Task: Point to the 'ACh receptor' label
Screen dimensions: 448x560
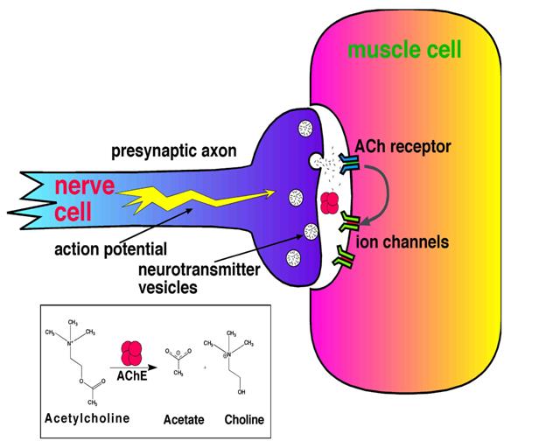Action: [x=403, y=146]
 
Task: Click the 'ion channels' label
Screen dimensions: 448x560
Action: [x=402, y=241]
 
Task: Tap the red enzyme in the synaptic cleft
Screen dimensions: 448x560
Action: [x=330, y=203]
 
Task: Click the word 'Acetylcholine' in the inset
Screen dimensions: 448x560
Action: [x=87, y=418]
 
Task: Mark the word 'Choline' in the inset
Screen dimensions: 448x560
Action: [x=242, y=421]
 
